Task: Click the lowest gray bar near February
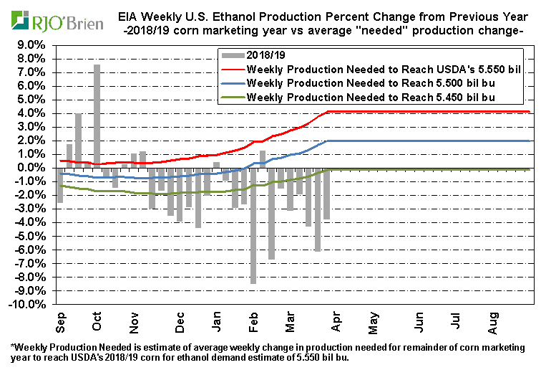(253, 226)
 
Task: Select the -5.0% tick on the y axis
(32, 236)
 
